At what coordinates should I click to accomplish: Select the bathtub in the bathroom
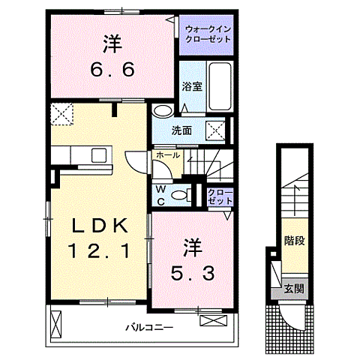(x=219, y=88)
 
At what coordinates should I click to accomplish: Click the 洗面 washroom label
(x=181, y=130)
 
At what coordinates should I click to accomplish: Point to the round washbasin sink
(x=162, y=112)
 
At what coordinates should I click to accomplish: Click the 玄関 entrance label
(x=293, y=289)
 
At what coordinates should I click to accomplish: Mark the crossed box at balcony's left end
(x=55, y=324)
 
